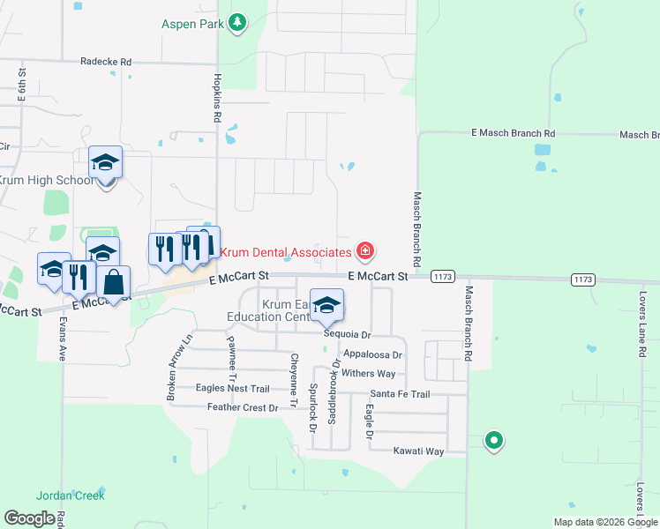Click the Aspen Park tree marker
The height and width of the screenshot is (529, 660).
pos(237,23)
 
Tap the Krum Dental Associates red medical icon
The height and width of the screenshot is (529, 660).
pos(364,252)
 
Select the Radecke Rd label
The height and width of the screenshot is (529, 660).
pos(105,62)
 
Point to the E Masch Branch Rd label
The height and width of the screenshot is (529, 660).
pos(514,133)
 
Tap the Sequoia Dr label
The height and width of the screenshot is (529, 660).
pos(347,335)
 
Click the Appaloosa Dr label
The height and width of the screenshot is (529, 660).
pos(372,354)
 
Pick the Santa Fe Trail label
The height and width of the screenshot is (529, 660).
pos(400,394)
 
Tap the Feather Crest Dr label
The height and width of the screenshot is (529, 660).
pos(242,407)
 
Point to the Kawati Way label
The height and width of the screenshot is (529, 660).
pos(418,451)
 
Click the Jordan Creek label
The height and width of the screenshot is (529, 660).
pos(71,495)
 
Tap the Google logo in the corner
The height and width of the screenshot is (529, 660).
pos(29,518)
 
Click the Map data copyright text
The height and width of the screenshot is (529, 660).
pos(605,522)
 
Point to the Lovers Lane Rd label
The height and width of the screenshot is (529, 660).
pos(642,324)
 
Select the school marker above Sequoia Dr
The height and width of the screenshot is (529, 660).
pos(327,305)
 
